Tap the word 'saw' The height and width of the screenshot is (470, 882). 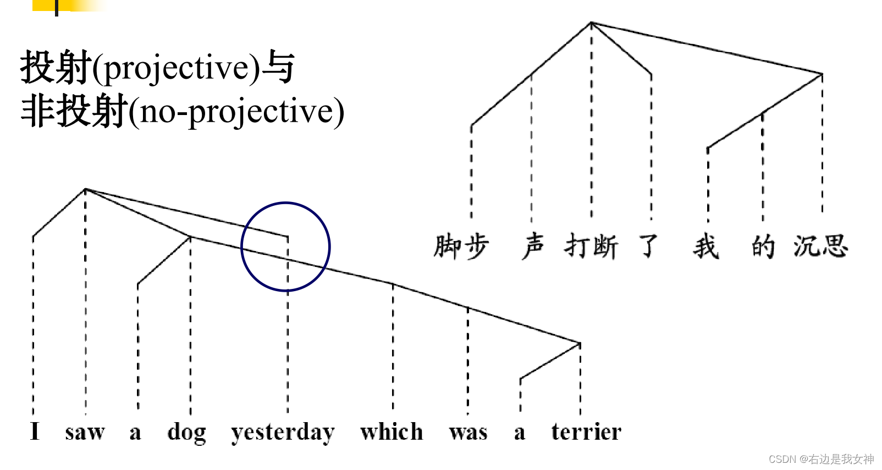(85, 432)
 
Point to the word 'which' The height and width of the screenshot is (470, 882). (392, 431)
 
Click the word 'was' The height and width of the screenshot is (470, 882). (468, 432)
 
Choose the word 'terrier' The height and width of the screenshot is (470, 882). (586, 431)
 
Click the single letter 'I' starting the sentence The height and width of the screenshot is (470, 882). (35, 431)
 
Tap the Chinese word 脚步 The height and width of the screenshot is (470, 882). (461, 246)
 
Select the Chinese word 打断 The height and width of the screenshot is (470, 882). (591, 246)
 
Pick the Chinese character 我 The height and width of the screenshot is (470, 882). (706, 246)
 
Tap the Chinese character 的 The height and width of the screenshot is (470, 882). (763, 246)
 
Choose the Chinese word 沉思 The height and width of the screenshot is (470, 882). (820, 246)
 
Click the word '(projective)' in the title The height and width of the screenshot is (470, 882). (176, 68)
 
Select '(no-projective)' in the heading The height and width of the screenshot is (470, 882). (236, 112)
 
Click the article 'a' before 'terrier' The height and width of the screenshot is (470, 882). (520, 433)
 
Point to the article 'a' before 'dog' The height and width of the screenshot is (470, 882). (135, 433)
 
